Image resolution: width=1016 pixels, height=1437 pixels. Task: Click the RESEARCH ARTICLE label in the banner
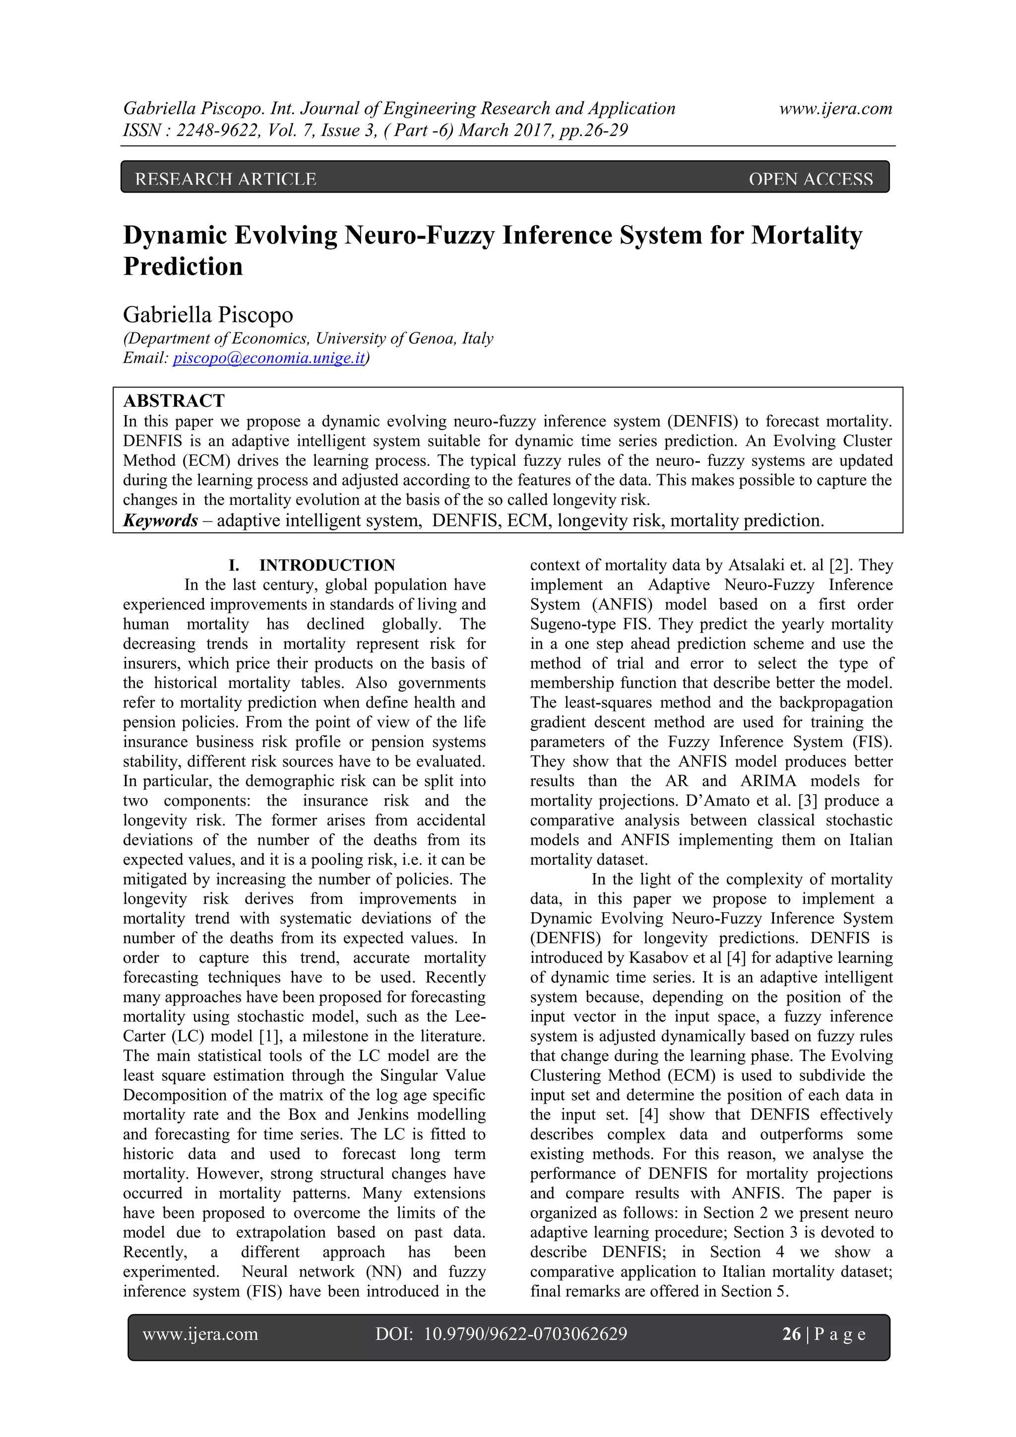click(225, 180)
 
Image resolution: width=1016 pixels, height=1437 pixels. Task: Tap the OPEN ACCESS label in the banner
click(810, 180)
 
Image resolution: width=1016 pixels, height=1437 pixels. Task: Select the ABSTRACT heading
click(174, 401)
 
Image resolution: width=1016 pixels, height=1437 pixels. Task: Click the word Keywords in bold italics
click(160, 520)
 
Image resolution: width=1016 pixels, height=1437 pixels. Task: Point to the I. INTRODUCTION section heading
click(312, 565)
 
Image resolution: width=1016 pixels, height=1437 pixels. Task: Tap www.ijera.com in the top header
click(835, 109)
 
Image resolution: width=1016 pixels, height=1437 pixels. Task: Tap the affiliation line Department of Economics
click(308, 339)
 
